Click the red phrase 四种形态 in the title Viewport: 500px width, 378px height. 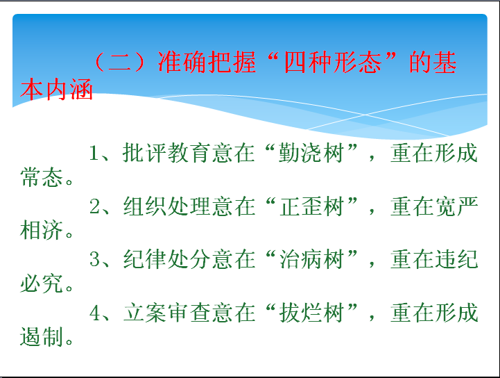point(333,62)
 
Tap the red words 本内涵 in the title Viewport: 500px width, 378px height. point(56,89)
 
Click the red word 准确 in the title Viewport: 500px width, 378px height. point(182,62)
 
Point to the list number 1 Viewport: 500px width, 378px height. point(94,153)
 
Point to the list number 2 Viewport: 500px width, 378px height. point(95,206)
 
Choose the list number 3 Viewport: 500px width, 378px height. point(95,259)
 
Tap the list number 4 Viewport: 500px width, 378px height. point(95,313)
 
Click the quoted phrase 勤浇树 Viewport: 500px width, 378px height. point(311,153)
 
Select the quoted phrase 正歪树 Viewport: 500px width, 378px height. point(311,206)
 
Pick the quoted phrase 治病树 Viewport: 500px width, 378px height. point(311,259)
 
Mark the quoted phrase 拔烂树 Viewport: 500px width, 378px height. point(311,313)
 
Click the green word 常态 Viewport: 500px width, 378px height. point(41,177)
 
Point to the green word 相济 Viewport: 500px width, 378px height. point(41,231)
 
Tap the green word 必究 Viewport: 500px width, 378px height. point(41,283)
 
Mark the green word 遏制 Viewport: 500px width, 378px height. point(41,337)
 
